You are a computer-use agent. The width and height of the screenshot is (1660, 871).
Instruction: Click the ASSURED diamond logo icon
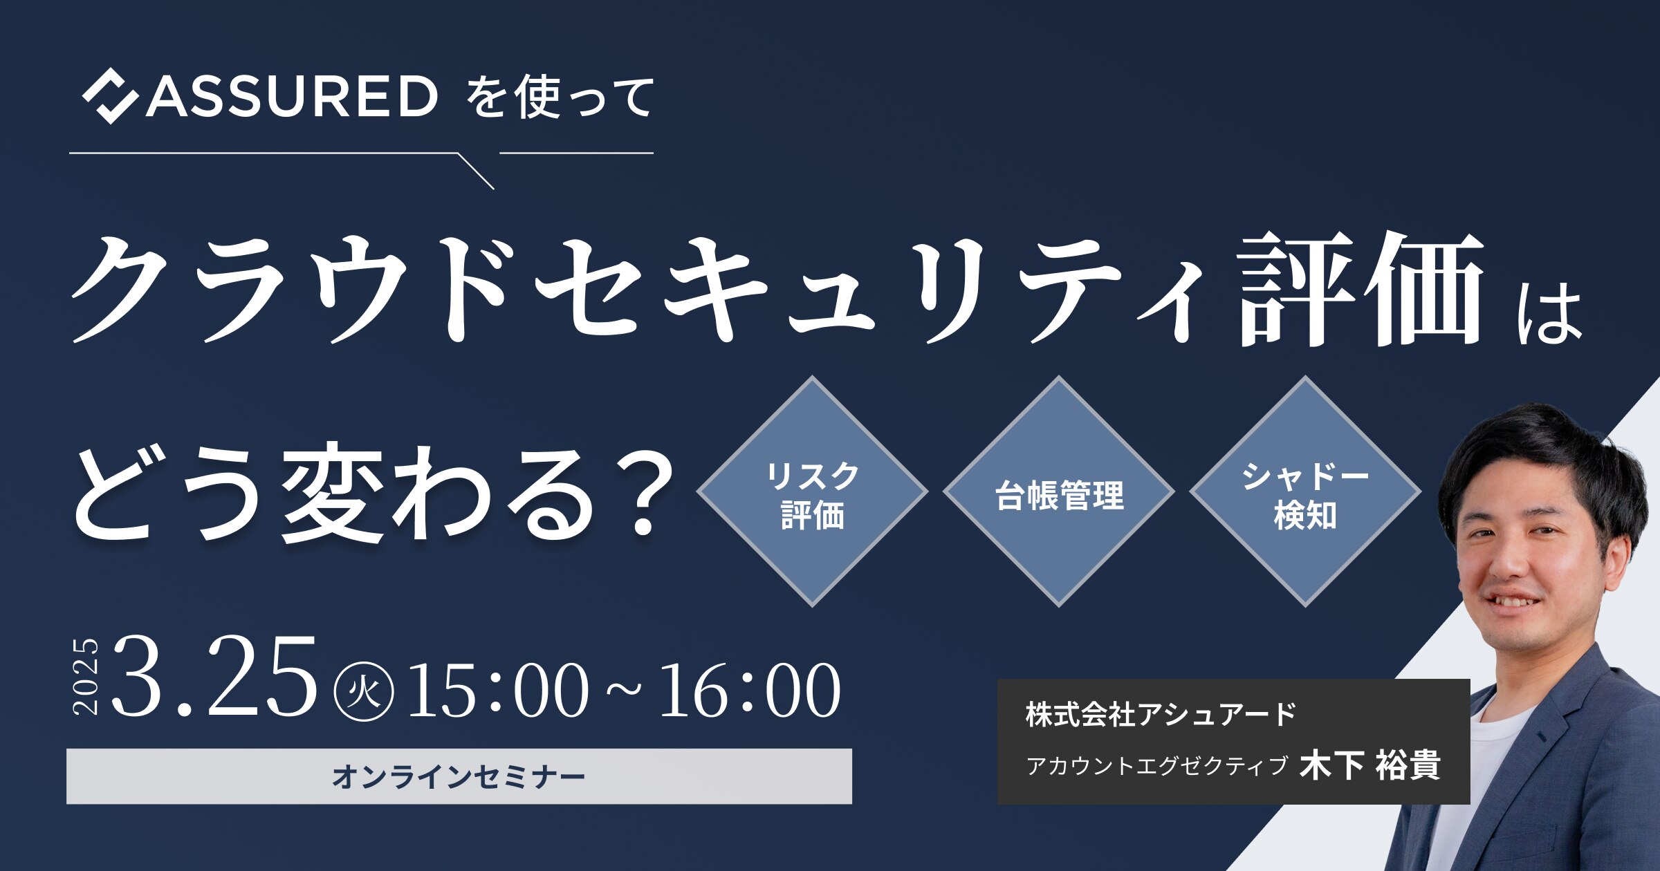pyautogui.click(x=109, y=96)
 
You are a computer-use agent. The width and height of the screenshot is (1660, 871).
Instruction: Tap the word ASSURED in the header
pyautogui.click(x=291, y=96)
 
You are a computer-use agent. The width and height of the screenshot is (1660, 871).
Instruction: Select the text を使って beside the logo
pyautogui.click(x=560, y=97)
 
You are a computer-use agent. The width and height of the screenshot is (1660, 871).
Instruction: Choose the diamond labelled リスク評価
pyautogui.click(x=812, y=491)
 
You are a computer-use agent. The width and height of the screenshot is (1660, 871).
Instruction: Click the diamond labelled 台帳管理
pyautogui.click(x=1059, y=491)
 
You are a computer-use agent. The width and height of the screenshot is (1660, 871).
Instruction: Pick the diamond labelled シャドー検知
pyautogui.click(x=1305, y=491)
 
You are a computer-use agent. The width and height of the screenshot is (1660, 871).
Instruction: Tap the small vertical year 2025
pyautogui.click(x=86, y=676)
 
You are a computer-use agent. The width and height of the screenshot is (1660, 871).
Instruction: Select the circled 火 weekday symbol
pyautogui.click(x=364, y=692)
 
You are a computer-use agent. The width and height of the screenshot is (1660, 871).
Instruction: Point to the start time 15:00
pyautogui.click(x=498, y=691)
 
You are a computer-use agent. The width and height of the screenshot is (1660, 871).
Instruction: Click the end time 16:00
pyautogui.click(x=750, y=691)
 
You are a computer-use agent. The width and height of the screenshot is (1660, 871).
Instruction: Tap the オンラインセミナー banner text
pyautogui.click(x=459, y=777)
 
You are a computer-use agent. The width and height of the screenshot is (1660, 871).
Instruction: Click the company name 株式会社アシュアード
pyautogui.click(x=1161, y=715)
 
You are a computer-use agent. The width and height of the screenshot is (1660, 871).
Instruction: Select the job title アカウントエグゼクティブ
pyautogui.click(x=1157, y=766)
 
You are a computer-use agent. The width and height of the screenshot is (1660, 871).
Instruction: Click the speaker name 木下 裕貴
pyautogui.click(x=1370, y=765)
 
